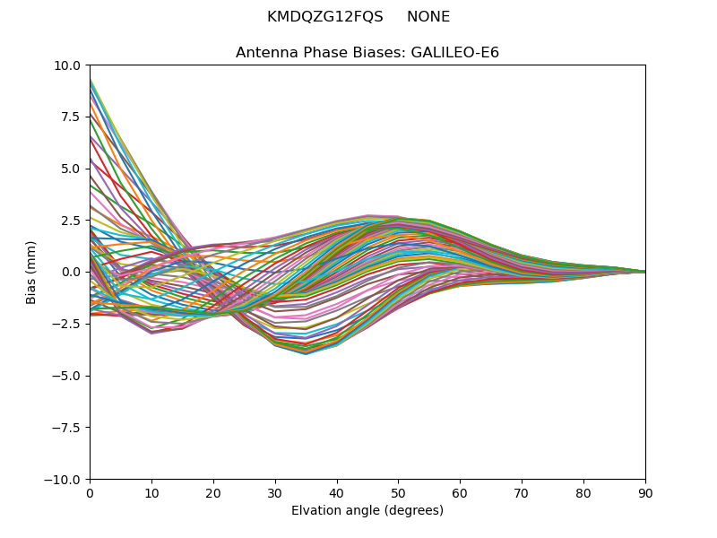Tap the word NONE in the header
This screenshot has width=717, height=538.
coord(428,17)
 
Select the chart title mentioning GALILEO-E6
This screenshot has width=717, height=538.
coord(367,53)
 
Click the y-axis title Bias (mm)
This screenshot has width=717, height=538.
coord(31,272)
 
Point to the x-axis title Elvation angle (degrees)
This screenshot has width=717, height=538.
coord(367,511)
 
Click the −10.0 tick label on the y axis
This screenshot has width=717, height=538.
coord(65,480)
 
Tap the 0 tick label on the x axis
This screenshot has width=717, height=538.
coord(90,493)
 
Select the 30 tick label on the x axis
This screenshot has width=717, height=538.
coord(275,493)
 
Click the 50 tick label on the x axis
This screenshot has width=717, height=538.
coord(398,493)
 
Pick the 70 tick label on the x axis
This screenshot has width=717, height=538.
coord(522,493)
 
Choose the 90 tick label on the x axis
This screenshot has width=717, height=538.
coord(645,493)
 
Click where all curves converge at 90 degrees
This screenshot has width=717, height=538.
coord(644,272)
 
